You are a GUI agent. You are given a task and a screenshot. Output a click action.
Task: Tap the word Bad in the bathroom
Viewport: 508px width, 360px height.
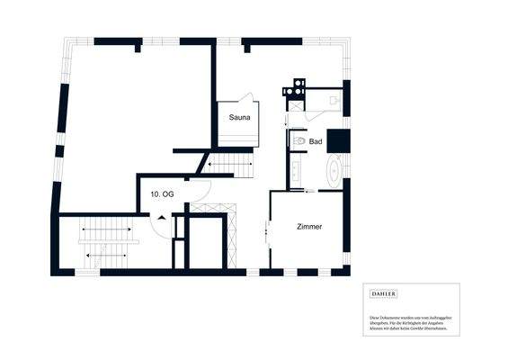[x=316, y=142]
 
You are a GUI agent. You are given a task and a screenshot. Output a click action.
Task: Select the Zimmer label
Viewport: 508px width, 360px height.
[x=309, y=227]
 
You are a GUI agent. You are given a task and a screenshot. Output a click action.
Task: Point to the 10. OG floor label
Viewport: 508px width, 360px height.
[x=162, y=193]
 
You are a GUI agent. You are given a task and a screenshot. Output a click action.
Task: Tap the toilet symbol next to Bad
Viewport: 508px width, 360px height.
[x=298, y=141]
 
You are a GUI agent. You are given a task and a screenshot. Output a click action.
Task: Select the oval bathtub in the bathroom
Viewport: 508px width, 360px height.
[x=333, y=169]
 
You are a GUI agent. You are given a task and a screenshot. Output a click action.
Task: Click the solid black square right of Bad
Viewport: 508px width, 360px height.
[x=337, y=140]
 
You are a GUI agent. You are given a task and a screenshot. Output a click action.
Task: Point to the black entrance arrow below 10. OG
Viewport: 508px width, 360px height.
[x=161, y=217]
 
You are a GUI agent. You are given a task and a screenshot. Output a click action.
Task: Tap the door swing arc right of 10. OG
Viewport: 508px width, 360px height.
[x=201, y=191]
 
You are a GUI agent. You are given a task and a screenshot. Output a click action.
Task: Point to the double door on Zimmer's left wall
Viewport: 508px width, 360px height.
[x=269, y=233]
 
